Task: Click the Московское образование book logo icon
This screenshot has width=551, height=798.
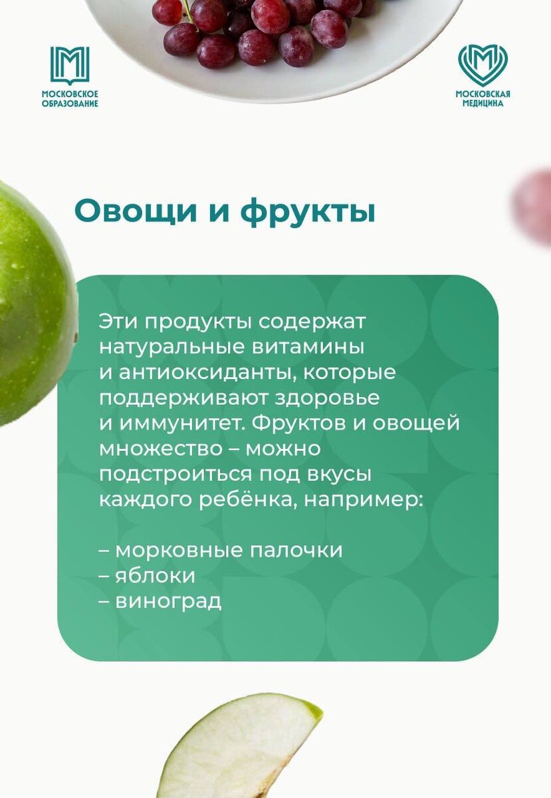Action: pyautogui.click(x=70, y=65)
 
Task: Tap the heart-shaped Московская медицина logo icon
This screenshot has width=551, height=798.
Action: pyautogui.click(x=483, y=65)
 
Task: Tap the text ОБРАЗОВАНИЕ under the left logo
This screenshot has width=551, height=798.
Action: pyautogui.click(x=70, y=104)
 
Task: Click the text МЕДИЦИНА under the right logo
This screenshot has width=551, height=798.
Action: pyautogui.click(x=483, y=104)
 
